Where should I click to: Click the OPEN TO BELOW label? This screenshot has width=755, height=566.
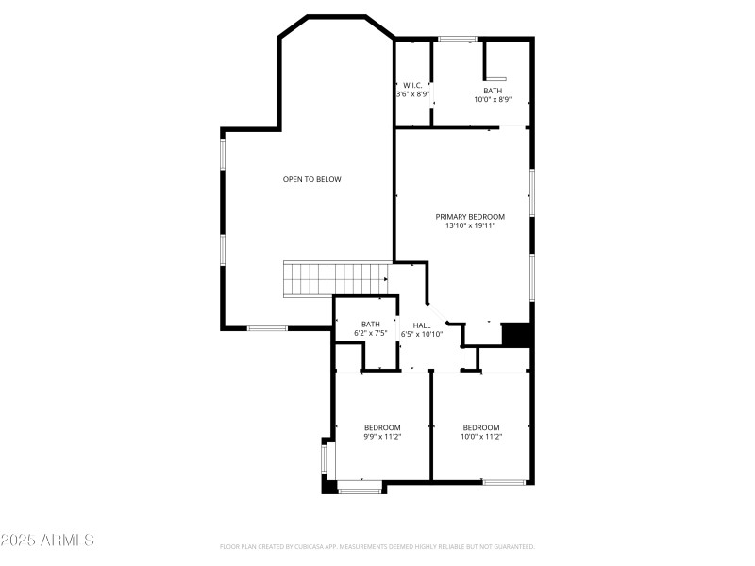tap(311, 179)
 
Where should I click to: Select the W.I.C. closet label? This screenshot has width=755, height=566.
tap(412, 85)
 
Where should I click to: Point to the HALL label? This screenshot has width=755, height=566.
tap(422, 325)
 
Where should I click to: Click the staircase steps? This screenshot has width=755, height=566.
tap(336, 279)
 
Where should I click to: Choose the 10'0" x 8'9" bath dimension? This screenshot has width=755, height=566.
tap(493, 99)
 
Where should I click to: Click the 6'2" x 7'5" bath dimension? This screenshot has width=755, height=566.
tap(371, 333)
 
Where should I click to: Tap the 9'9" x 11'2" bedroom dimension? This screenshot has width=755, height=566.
tap(383, 436)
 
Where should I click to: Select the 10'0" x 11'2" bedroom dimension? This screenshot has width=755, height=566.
tap(481, 436)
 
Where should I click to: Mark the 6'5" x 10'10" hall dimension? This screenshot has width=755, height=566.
tap(422, 334)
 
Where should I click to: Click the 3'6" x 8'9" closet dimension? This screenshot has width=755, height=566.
tap(412, 94)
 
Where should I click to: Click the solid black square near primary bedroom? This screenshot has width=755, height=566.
tap(517, 335)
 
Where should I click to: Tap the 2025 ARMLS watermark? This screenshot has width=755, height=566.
tap(47, 541)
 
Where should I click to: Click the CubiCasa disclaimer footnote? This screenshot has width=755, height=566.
tap(377, 546)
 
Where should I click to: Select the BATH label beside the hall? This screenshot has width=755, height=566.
tap(371, 324)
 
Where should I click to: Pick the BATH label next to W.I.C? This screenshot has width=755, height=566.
tap(493, 91)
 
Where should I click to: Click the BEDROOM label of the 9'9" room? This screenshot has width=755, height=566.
tap(383, 426)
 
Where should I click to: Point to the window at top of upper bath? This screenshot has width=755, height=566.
tap(457, 39)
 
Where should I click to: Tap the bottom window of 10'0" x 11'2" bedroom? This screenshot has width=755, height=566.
tap(504, 483)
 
